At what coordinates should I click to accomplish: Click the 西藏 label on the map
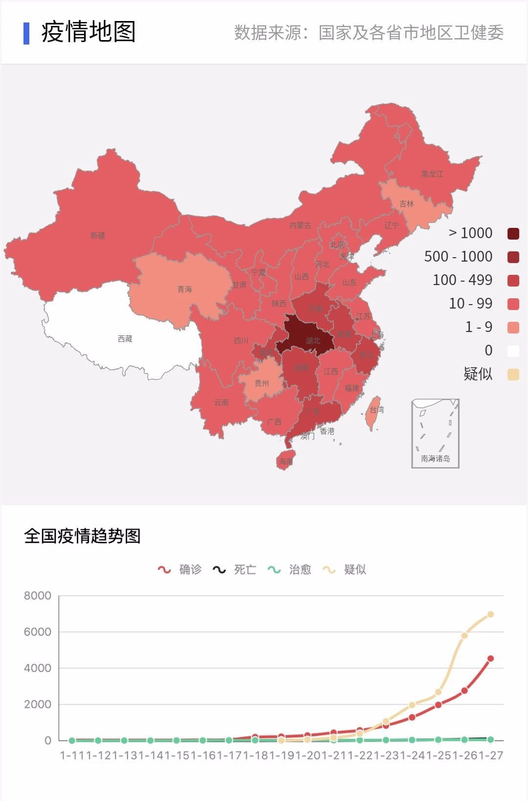coord(125,338)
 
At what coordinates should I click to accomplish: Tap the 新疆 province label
coord(98,235)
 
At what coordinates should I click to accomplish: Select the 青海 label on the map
coord(185,289)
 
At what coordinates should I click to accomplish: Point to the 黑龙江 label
coord(432,174)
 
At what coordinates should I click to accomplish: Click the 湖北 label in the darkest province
coord(313,340)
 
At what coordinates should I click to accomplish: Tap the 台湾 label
coord(377,410)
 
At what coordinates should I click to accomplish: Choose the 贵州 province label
coord(262,383)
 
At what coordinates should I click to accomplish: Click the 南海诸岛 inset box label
coord(435,459)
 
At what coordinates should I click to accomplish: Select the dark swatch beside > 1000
coord(513,234)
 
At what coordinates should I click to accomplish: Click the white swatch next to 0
coord(513,351)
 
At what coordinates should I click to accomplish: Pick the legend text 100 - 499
coord(462,280)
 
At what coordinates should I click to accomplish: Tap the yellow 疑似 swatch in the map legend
coord(513,375)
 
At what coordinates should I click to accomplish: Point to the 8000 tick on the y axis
coord(38,596)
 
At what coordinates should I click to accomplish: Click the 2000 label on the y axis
coord(38,704)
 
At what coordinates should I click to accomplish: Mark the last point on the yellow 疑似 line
coord(490,614)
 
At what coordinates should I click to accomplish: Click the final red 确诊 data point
coord(490,659)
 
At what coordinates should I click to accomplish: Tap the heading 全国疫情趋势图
coord(82,536)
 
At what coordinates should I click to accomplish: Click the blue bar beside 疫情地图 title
coord(26,33)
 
